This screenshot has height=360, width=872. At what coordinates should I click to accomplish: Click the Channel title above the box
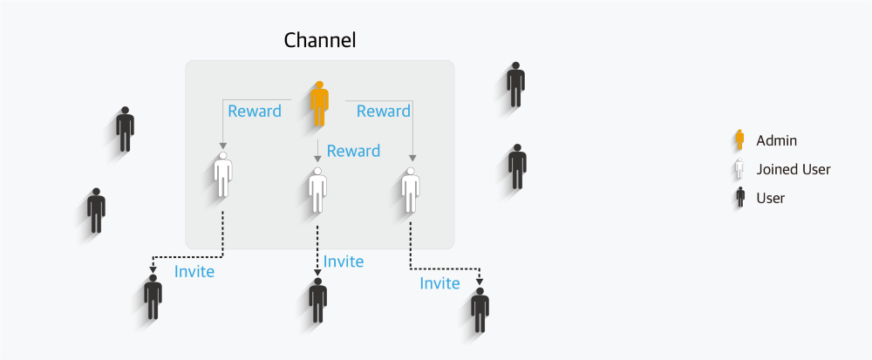tap(320, 40)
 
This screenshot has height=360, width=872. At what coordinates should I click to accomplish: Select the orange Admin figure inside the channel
tap(319, 102)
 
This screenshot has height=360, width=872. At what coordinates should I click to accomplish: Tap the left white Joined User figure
tap(223, 174)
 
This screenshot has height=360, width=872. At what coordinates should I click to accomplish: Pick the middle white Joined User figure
tap(317, 189)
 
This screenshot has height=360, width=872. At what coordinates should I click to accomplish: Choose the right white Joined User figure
tap(410, 188)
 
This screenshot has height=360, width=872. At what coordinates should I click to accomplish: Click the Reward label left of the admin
tap(255, 112)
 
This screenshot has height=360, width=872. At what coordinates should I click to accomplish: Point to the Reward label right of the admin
tap(384, 112)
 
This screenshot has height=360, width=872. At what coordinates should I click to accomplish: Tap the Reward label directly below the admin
tap(353, 152)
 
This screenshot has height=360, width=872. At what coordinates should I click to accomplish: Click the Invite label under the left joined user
tap(194, 272)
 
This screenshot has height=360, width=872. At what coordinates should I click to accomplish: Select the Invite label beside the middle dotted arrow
tap(344, 262)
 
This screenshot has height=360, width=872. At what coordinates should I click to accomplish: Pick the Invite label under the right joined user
tap(439, 284)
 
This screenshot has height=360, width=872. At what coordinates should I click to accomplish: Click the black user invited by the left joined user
tap(153, 296)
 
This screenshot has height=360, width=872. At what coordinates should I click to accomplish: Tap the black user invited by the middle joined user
tap(317, 301)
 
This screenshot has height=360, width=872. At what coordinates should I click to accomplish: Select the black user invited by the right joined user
tap(480, 310)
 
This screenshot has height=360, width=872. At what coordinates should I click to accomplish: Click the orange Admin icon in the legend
tap(739, 140)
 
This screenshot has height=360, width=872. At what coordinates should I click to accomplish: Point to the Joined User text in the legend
tap(794, 169)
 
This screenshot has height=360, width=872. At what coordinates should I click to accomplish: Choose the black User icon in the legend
tap(739, 198)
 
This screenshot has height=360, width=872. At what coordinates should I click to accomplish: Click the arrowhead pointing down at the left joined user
tap(223, 145)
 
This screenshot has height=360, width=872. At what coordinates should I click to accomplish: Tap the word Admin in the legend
tap(777, 140)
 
